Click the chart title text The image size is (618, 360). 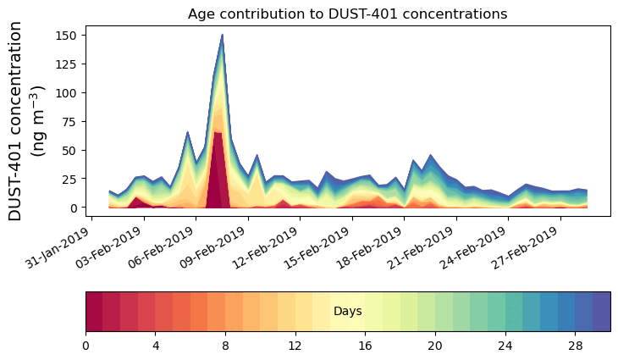coord(347,14)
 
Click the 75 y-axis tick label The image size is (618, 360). coord(78,121)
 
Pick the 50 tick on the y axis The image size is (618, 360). coord(78,150)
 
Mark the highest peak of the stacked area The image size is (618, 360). coord(222,35)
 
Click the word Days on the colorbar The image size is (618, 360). coord(348,312)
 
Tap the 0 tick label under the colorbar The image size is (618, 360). coord(86,346)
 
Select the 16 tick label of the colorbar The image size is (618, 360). coord(365,346)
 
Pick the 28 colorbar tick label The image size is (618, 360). coord(575,346)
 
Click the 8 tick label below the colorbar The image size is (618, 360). coord(225,346)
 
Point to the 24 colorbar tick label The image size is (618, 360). coord(505,346)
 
